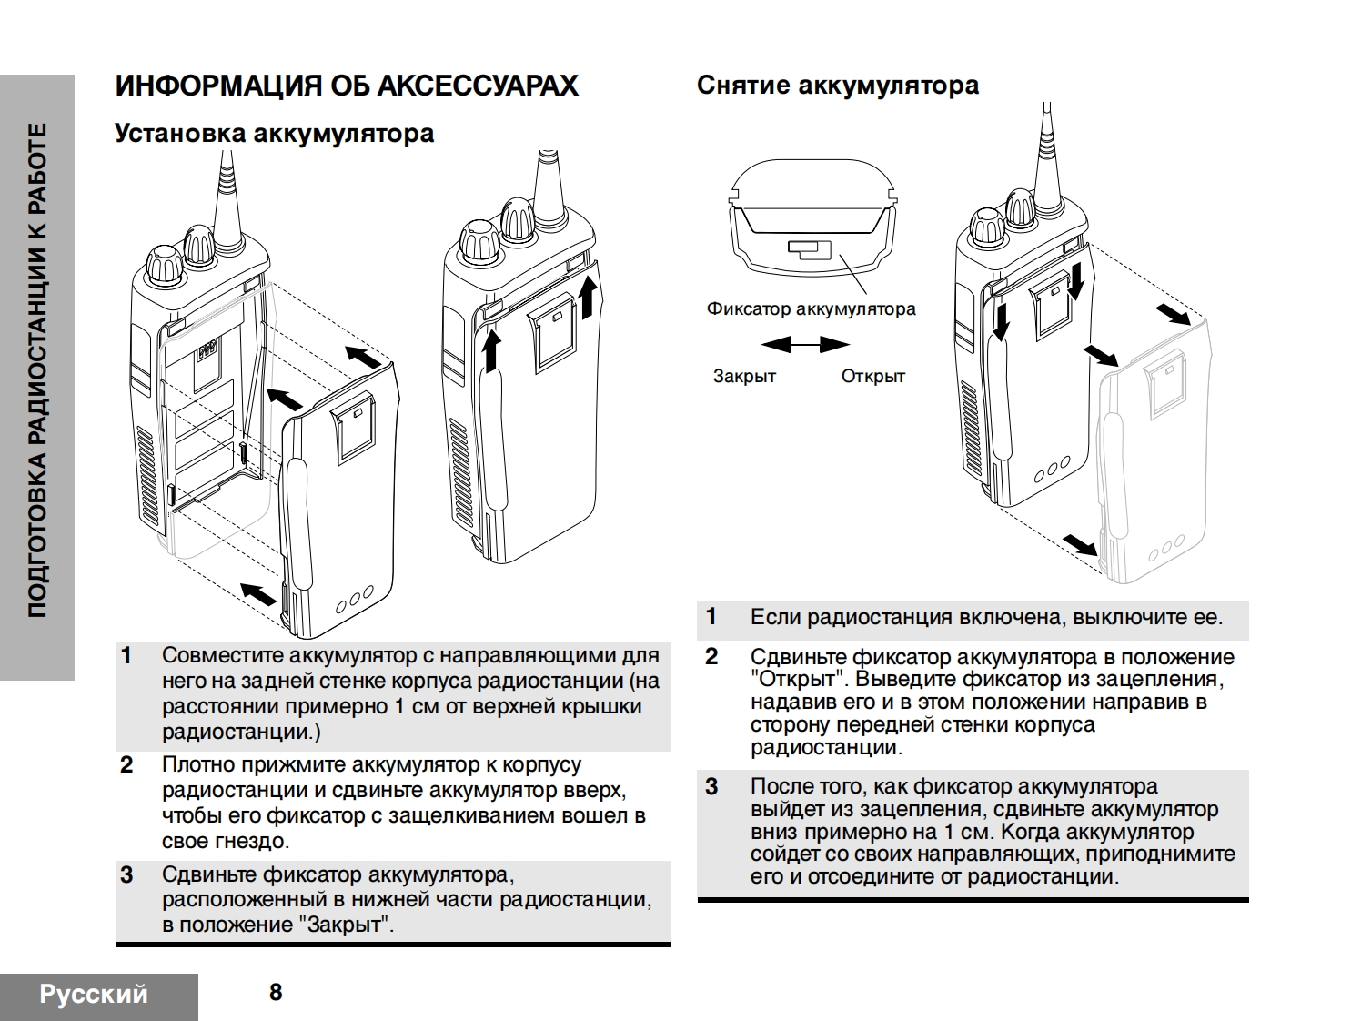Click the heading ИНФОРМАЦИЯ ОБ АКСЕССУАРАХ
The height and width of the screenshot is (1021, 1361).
pos(347,86)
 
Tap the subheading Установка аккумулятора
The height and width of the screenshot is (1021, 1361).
pos(274,134)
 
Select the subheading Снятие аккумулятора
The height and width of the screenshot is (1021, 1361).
pos(837,86)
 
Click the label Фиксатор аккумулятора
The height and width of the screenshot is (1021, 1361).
pos(811,308)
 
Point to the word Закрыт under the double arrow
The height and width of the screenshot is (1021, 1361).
pos(744,376)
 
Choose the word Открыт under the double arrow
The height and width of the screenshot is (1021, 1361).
pos(872,376)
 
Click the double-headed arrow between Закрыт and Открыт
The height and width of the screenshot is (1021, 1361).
pos(805,345)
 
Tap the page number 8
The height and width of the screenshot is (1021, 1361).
pos(276,992)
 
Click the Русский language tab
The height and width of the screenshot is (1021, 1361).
pos(94,994)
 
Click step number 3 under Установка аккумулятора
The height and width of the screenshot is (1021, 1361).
pos(126,875)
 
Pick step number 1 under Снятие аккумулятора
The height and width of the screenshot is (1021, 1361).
pos(711,617)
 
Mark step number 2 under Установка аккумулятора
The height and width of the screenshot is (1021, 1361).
pos(126,765)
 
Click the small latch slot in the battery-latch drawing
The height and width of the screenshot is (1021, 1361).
pos(810,248)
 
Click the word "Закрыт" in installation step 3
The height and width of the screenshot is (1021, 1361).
pos(346,925)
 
